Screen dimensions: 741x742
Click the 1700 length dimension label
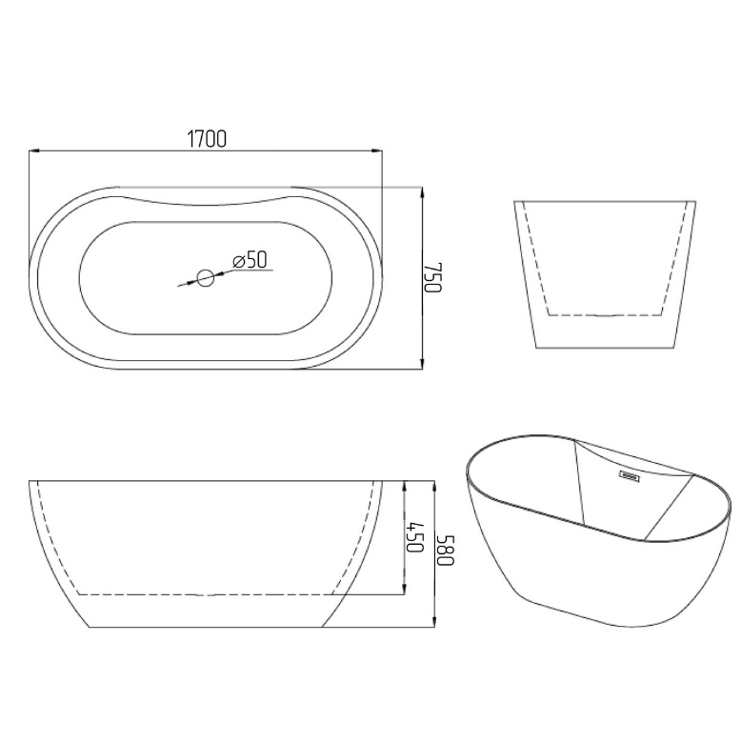tap(207, 139)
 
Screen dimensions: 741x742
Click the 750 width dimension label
tap(432, 277)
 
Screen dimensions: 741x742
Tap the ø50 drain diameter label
tap(250, 260)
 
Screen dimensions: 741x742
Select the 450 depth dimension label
tap(414, 536)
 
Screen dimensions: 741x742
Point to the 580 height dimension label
tap(446, 550)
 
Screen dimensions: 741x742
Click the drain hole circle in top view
tap(206, 278)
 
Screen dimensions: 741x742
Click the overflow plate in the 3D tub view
tap(629, 475)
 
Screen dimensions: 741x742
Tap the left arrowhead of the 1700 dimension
tap(34, 151)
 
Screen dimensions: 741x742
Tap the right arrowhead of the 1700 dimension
tap(376, 151)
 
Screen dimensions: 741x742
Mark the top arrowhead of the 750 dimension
tap(422, 192)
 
